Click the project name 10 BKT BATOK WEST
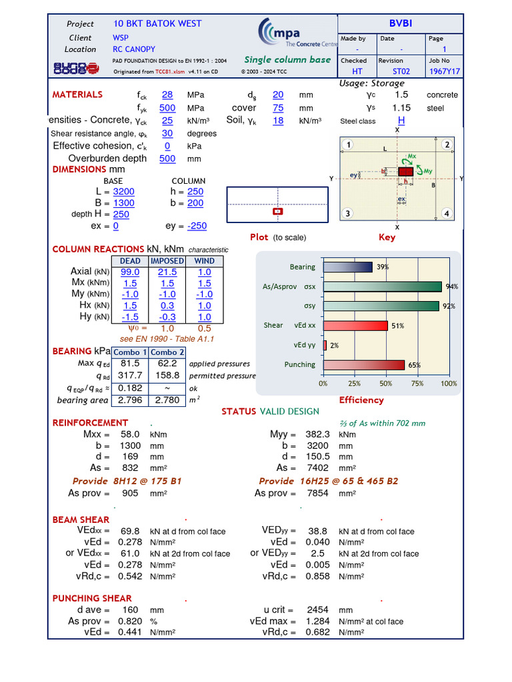pyautogui.click(x=157, y=23)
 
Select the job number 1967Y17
pyautogui.click(x=444, y=71)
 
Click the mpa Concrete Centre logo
pyautogui.click(x=297, y=34)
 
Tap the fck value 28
pyautogui.click(x=167, y=95)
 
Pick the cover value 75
pyautogui.click(x=278, y=108)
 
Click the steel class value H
pyautogui.click(x=401, y=121)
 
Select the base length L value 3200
pyautogui.click(x=123, y=192)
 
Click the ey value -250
pyautogui.click(x=197, y=226)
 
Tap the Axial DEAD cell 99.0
pyautogui.click(x=130, y=272)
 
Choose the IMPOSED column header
pyautogui.click(x=167, y=261)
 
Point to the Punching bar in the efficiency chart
pyautogui.click(x=364, y=365)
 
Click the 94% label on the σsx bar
pyautogui.click(x=452, y=286)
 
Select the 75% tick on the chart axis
pyautogui.click(x=417, y=384)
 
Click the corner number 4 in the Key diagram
pyautogui.click(x=446, y=214)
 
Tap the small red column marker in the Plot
pyautogui.click(x=278, y=211)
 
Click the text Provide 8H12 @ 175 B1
pyautogui.click(x=127, y=481)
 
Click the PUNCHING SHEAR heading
pyautogui.click(x=92, y=598)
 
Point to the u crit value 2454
pyautogui.click(x=318, y=609)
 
